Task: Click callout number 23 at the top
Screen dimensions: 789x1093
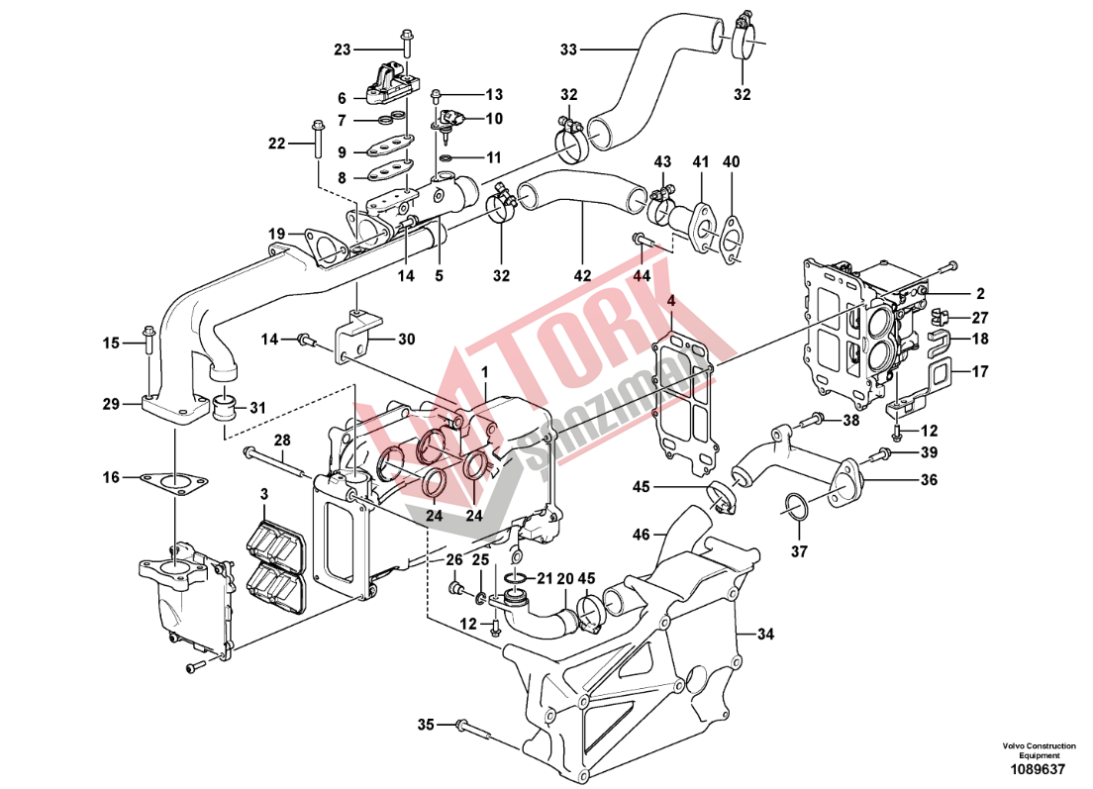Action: point(343,49)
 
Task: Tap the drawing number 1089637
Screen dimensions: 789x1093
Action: point(1039,769)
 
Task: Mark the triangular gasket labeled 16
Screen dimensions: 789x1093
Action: point(175,483)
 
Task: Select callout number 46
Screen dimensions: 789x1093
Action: point(642,535)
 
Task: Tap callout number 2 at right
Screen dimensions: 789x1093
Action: point(980,293)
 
